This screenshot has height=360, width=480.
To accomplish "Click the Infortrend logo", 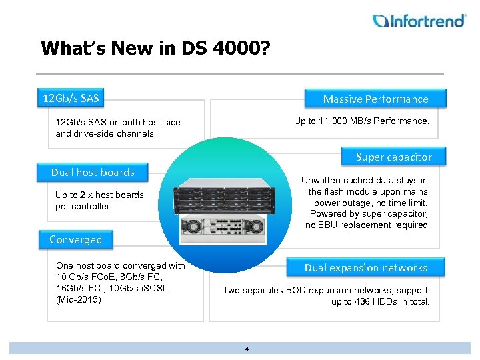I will click(x=419, y=21).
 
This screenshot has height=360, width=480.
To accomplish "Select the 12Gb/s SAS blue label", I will click(x=70, y=99).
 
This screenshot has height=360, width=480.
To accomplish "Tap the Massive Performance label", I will click(x=375, y=99).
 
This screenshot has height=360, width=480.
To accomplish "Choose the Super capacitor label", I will click(x=393, y=157).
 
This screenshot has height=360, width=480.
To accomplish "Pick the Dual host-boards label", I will click(x=93, y=173).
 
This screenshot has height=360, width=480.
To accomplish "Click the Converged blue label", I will click(x=75, y=240).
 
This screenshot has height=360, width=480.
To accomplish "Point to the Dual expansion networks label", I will click(x=365, y=268).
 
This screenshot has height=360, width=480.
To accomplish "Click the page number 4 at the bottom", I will click(x=246, y=349).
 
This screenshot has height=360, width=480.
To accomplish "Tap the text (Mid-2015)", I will click(x=79, y=299).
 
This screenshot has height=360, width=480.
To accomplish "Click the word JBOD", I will click(x=294, y=290).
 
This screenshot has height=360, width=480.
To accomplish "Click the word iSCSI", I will click(x=155, y=288).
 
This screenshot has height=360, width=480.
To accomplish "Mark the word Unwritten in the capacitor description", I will click(x=325, y=181).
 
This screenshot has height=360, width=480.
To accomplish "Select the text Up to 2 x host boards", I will click(x=99, y=195).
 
